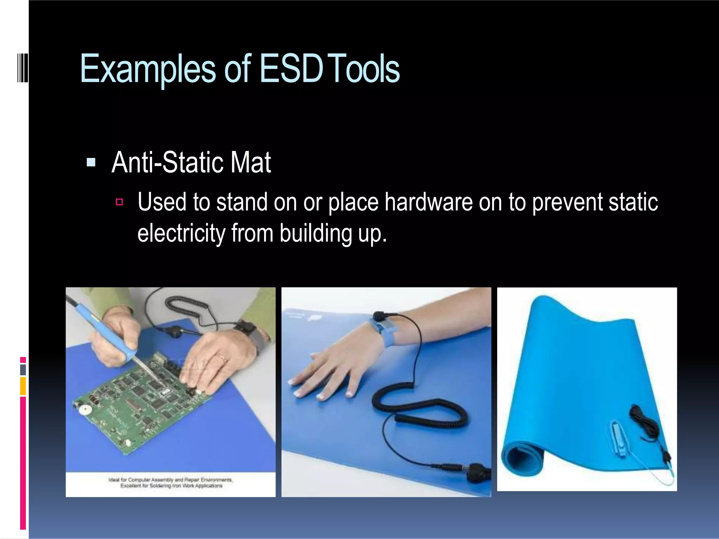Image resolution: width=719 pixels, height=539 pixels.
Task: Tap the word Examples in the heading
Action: point(147,69)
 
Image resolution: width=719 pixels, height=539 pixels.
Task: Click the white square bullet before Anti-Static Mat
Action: point(91,162)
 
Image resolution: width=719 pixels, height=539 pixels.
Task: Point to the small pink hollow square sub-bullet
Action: point(119,202)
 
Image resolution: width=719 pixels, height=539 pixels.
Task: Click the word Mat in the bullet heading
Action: point(251,162)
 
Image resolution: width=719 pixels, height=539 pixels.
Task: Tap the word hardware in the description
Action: point(428,202)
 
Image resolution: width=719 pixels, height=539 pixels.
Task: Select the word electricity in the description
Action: point(181,233)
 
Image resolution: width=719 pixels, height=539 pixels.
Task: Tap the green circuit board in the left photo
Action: point(140,404)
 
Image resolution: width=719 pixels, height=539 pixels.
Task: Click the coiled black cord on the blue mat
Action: point(421,407)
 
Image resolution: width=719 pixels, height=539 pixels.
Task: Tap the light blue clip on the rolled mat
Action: point(618,439)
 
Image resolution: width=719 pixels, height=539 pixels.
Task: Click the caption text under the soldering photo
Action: point(171,483)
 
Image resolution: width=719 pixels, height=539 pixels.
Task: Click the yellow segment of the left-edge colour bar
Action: point(23,386)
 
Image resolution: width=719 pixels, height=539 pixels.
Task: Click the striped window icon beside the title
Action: point(22,68)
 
